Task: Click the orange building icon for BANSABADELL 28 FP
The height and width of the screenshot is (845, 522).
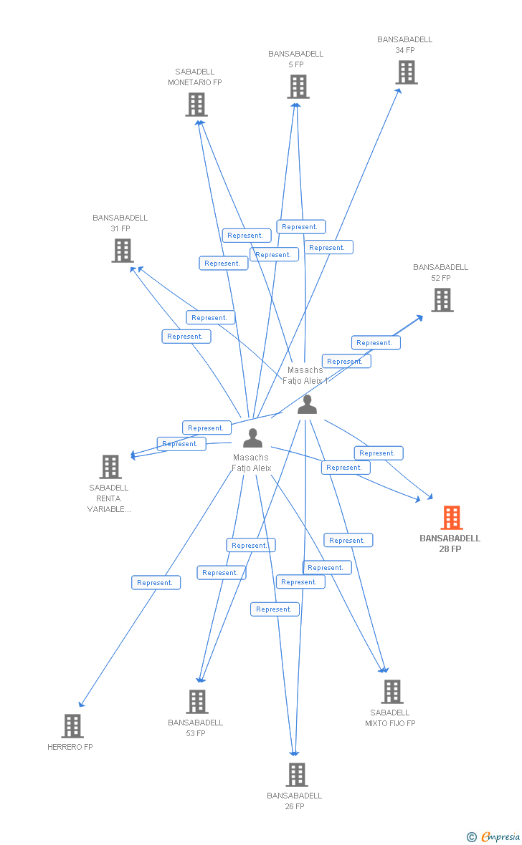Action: (x=451, y=517)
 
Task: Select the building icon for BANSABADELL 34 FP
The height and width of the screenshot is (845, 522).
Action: (x=406, y=72)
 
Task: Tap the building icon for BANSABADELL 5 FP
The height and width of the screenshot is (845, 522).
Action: (x=298, y=87)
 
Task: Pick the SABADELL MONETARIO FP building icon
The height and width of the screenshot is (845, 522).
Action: (x=196, y=105)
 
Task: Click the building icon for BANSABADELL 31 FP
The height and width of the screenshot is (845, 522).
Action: (x=123, y=251)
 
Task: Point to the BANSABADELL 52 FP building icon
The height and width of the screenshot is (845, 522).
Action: (x=442, y=300)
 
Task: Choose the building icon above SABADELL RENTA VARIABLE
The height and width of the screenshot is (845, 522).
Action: (x=110, y=467)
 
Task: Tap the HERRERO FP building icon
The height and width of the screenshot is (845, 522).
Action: (x=72, y=726)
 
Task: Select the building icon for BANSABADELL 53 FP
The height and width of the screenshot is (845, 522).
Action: (x=197, y=702)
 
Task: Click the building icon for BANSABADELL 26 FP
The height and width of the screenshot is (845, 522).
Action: (x=296, y=775)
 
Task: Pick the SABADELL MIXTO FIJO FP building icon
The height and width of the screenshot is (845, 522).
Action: (x=391, y=692)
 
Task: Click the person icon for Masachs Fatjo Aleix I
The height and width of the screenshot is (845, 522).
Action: (x=307, y=405)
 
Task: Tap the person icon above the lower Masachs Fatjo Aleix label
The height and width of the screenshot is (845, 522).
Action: (x=252, y=438)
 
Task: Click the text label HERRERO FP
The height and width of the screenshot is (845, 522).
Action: (x=70, y=747)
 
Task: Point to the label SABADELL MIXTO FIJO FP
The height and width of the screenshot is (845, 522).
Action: (x=390, y=718)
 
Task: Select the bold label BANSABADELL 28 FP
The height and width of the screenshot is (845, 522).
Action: (x=450, y=544)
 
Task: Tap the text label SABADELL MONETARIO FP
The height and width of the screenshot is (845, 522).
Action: (x=195, y=77)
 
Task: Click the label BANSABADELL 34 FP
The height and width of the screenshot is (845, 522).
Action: (x=405, y=45)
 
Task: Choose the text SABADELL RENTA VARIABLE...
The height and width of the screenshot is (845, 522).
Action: (x=109, y=498)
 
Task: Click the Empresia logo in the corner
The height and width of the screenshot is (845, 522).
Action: (x=494, y=836)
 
